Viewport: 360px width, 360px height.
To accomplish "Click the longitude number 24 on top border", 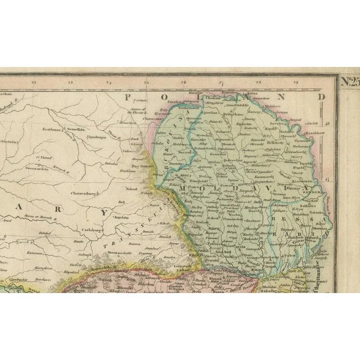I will point(109,84).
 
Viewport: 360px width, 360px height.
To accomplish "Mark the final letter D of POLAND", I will point(321,97).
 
